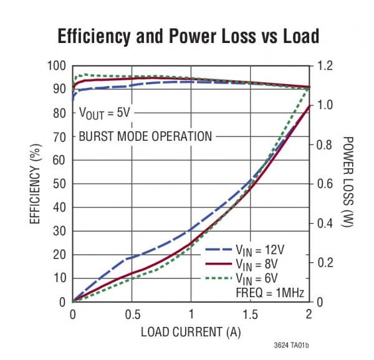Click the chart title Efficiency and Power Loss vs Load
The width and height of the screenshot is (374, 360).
click(188, 36)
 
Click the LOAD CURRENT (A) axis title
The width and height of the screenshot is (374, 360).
click(191, 331)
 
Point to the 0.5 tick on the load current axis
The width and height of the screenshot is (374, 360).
click(132, 314)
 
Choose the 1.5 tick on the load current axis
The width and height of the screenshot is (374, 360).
click(250, 314)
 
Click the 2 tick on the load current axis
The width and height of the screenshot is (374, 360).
click(309, 314)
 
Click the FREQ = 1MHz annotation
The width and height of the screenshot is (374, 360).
click(268, 291)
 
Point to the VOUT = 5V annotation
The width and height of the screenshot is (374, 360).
click(105, 113)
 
